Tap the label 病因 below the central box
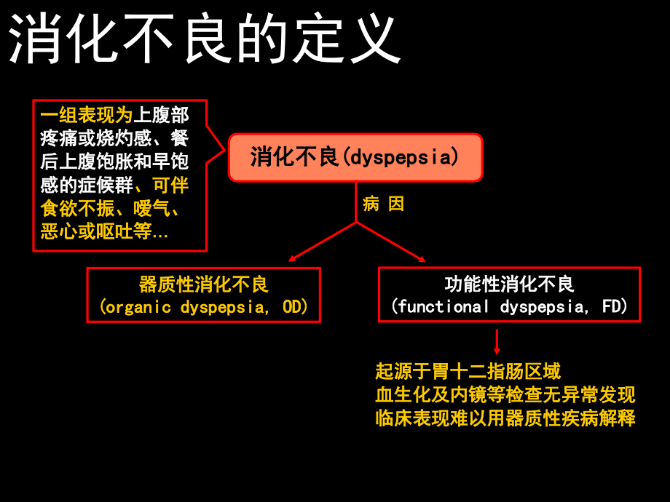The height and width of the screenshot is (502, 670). [383, 204]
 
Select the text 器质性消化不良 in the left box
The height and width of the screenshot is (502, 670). [204, 284]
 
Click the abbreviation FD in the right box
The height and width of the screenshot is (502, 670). [613, 307]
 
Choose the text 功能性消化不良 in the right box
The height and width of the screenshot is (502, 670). [510, 284]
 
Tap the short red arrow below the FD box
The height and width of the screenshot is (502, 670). [497, 342]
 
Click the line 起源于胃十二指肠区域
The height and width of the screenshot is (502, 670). [468, 372]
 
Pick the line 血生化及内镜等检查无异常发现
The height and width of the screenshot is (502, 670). [505, 395]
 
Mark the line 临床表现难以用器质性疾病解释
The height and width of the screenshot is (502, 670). [505, 418]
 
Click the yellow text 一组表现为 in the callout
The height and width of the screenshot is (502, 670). [87, 115]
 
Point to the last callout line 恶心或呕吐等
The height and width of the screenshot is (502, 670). [103, 231]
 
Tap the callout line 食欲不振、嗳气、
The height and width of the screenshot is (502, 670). [113, 209]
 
